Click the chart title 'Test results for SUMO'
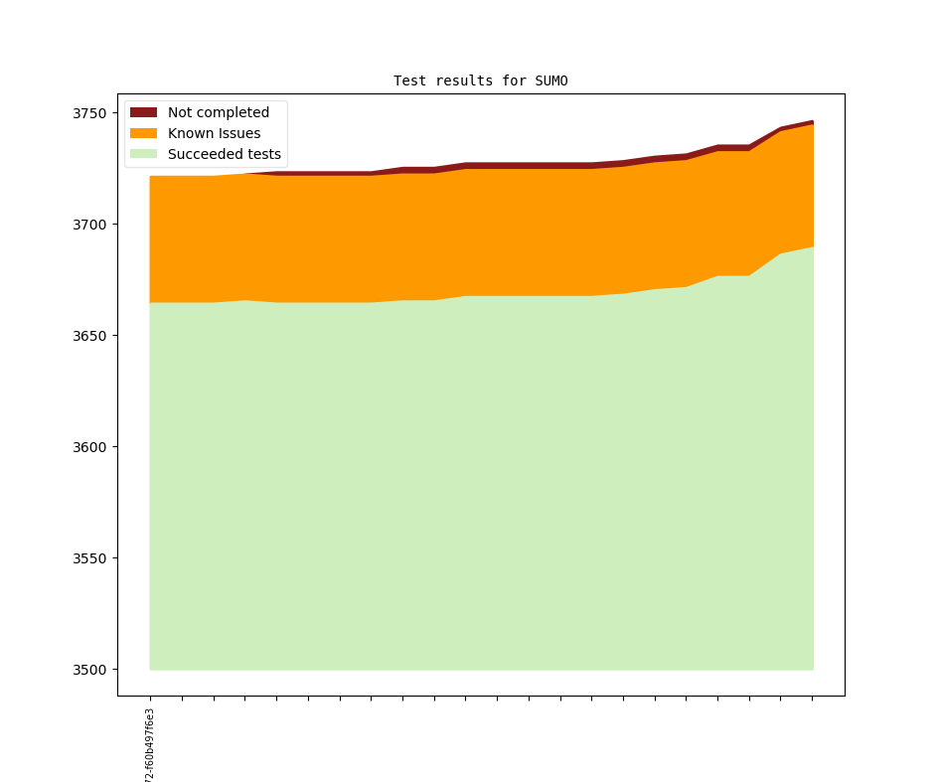(x=480, y=80)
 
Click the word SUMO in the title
(x=550, y=80)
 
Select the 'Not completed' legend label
(x=218, y=112)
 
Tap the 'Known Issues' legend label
(x=214, y=133)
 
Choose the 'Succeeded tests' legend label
(x=224, y=154)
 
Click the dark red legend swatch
(x=144, y=112)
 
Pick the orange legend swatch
(x=144, y=133)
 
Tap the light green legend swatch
(x=144, y=154)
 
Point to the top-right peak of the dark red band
(x=812, y=121)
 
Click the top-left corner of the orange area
(x=151, y=177)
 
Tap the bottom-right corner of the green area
(x=812, y=669)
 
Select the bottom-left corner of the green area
(x=151, y=669)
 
